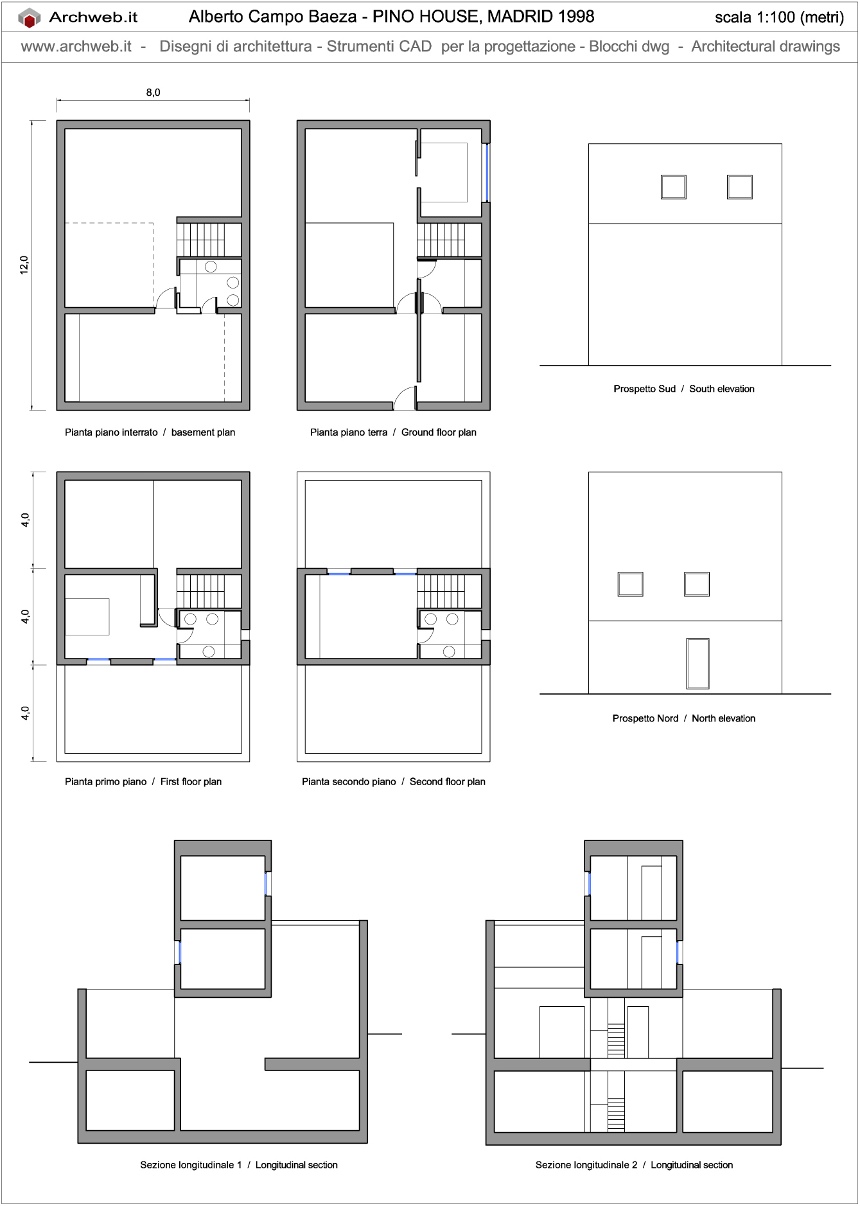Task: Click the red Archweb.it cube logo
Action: click(x=29, y=18)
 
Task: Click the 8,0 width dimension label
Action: click(x=153, y=93)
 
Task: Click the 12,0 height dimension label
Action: click(x=24, y=265)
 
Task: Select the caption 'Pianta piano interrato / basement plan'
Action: click(x=150, y=432)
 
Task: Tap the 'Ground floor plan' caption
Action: click(x=439, y=432)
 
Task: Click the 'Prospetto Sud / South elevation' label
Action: click(x=683, y=389)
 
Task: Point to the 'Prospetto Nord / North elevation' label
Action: click(x=683, y=718)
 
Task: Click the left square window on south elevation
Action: click(x=673, y=187)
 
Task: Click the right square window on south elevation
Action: click(x=739, y=187)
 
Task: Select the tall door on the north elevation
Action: click(x=698, y=663)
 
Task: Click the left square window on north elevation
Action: click(x=630, y=584)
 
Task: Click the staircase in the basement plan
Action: click(x=201, y=240)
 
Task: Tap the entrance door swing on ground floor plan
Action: click(x=405, y=398)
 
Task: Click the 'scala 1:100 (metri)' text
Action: click(x=779, y=17)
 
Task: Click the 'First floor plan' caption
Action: click(x=191, y=782)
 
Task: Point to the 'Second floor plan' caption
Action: click(x=447, y=782)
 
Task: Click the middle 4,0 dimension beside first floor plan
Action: click(x=25, y=617)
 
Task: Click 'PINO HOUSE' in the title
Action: click(x=425, y=17)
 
